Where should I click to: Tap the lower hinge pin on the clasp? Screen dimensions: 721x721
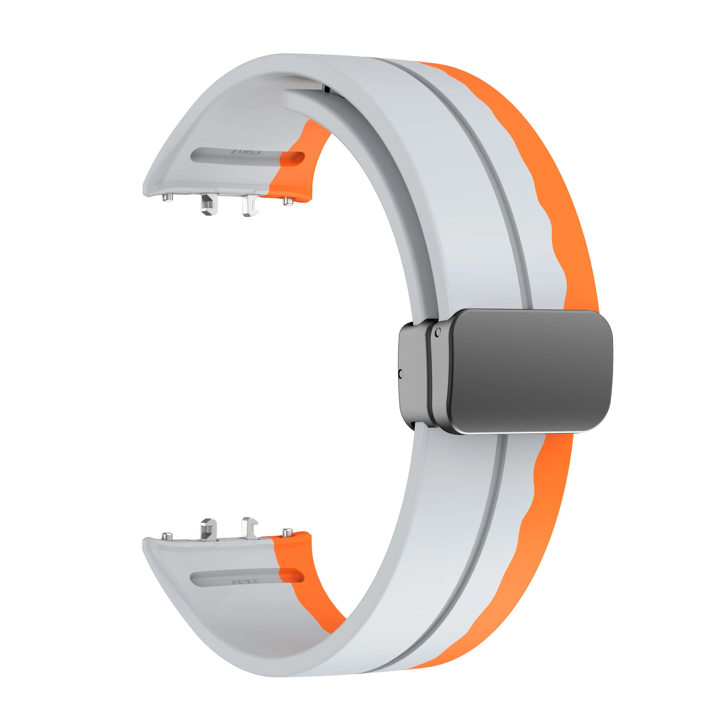[x=401, y=373]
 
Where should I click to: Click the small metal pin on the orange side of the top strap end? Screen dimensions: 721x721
[x=286, y=200]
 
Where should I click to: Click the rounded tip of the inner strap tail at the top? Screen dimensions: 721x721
[x=290, y=98]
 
